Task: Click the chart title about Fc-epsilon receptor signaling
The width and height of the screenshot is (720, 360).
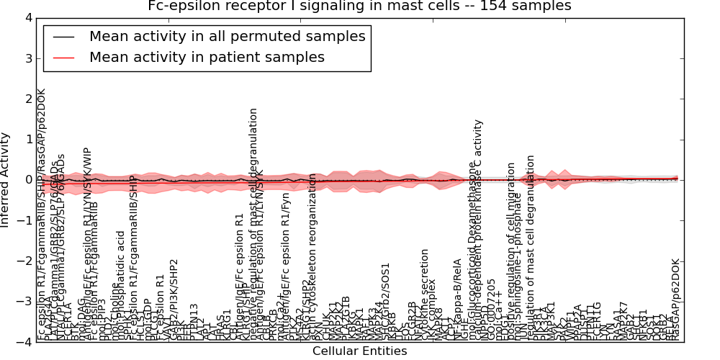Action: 359,6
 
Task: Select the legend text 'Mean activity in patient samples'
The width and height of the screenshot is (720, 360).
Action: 207,57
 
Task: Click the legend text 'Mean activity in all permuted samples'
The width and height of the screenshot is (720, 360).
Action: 227,36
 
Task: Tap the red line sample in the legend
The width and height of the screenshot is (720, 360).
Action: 63,58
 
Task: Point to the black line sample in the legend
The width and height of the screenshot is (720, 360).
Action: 63,37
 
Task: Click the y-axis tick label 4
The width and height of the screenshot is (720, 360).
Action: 28,17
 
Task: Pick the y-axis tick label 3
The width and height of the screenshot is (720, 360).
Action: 28,58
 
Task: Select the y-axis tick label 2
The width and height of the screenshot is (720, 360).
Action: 28,99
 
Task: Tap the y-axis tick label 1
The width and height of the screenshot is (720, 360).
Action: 28,139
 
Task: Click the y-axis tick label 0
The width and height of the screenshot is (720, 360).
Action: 28,180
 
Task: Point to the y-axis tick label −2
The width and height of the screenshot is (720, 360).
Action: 24,261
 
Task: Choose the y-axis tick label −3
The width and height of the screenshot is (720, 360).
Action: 24,302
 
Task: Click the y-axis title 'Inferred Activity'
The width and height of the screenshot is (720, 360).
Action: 6,180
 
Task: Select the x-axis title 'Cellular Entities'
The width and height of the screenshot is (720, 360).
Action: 359,351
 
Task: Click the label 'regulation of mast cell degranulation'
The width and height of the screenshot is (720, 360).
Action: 531,245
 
